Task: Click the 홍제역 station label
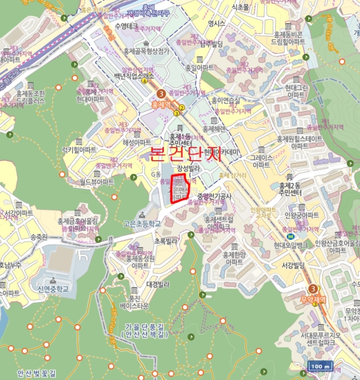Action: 162,105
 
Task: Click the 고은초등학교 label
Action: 142,223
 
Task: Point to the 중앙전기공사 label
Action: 214,196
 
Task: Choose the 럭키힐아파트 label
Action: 79,150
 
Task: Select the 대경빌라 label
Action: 159,283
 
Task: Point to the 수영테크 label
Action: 129,26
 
